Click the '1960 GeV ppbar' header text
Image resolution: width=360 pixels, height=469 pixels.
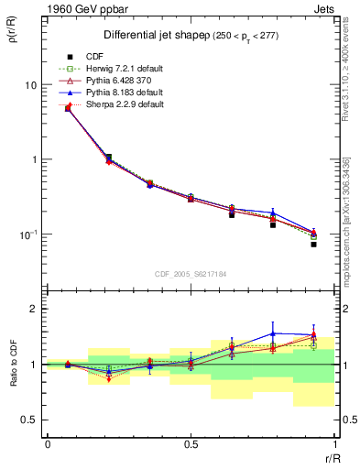click(80, 8)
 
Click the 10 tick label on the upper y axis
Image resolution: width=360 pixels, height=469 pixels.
click(29, 85)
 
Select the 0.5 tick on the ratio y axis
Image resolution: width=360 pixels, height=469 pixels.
click(29, 420)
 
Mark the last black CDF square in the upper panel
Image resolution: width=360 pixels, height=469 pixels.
click(313, 245)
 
